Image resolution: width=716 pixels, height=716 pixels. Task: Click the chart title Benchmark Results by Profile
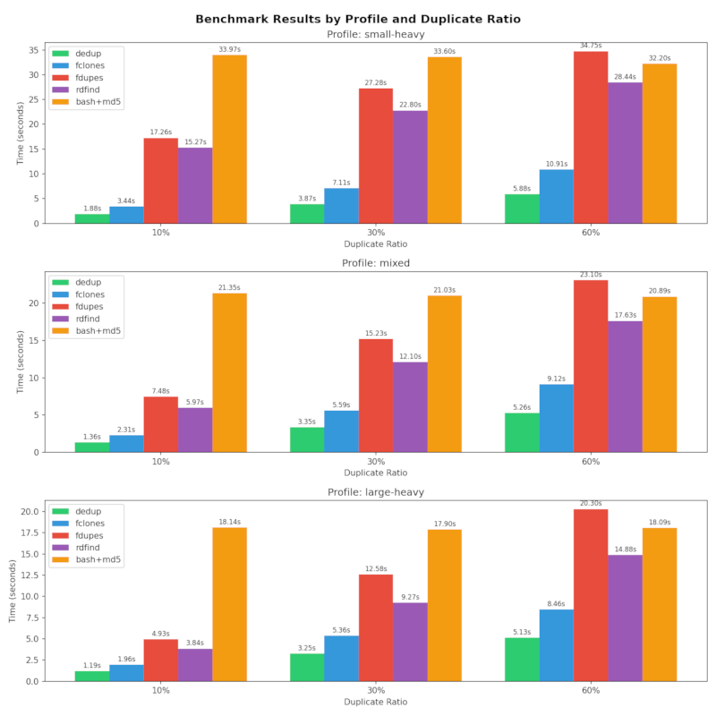coord(358,19)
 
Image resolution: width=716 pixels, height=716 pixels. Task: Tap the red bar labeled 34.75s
coord(591,137)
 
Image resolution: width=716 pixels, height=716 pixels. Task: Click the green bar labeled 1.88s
coord(92,218)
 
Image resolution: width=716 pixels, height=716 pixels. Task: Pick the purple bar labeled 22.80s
coord(410,166)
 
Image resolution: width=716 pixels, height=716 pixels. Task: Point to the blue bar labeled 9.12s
coord(556,418)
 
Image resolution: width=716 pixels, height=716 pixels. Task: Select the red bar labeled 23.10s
coord(591,366)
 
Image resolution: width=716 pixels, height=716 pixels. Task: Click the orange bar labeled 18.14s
coord(229,604)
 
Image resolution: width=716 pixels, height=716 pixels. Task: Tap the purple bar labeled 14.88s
coord(625,618)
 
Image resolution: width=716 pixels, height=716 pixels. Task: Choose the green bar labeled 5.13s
coord(522,659)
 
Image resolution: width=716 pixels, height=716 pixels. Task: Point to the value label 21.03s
coord(445,289)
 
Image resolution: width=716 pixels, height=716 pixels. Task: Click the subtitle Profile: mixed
coord(376,263)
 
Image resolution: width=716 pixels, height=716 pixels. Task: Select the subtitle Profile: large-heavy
coord(376,491)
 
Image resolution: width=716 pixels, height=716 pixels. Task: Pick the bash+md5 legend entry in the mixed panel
coord(98,330)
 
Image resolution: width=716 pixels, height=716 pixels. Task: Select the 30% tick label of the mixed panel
coord(376,461)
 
